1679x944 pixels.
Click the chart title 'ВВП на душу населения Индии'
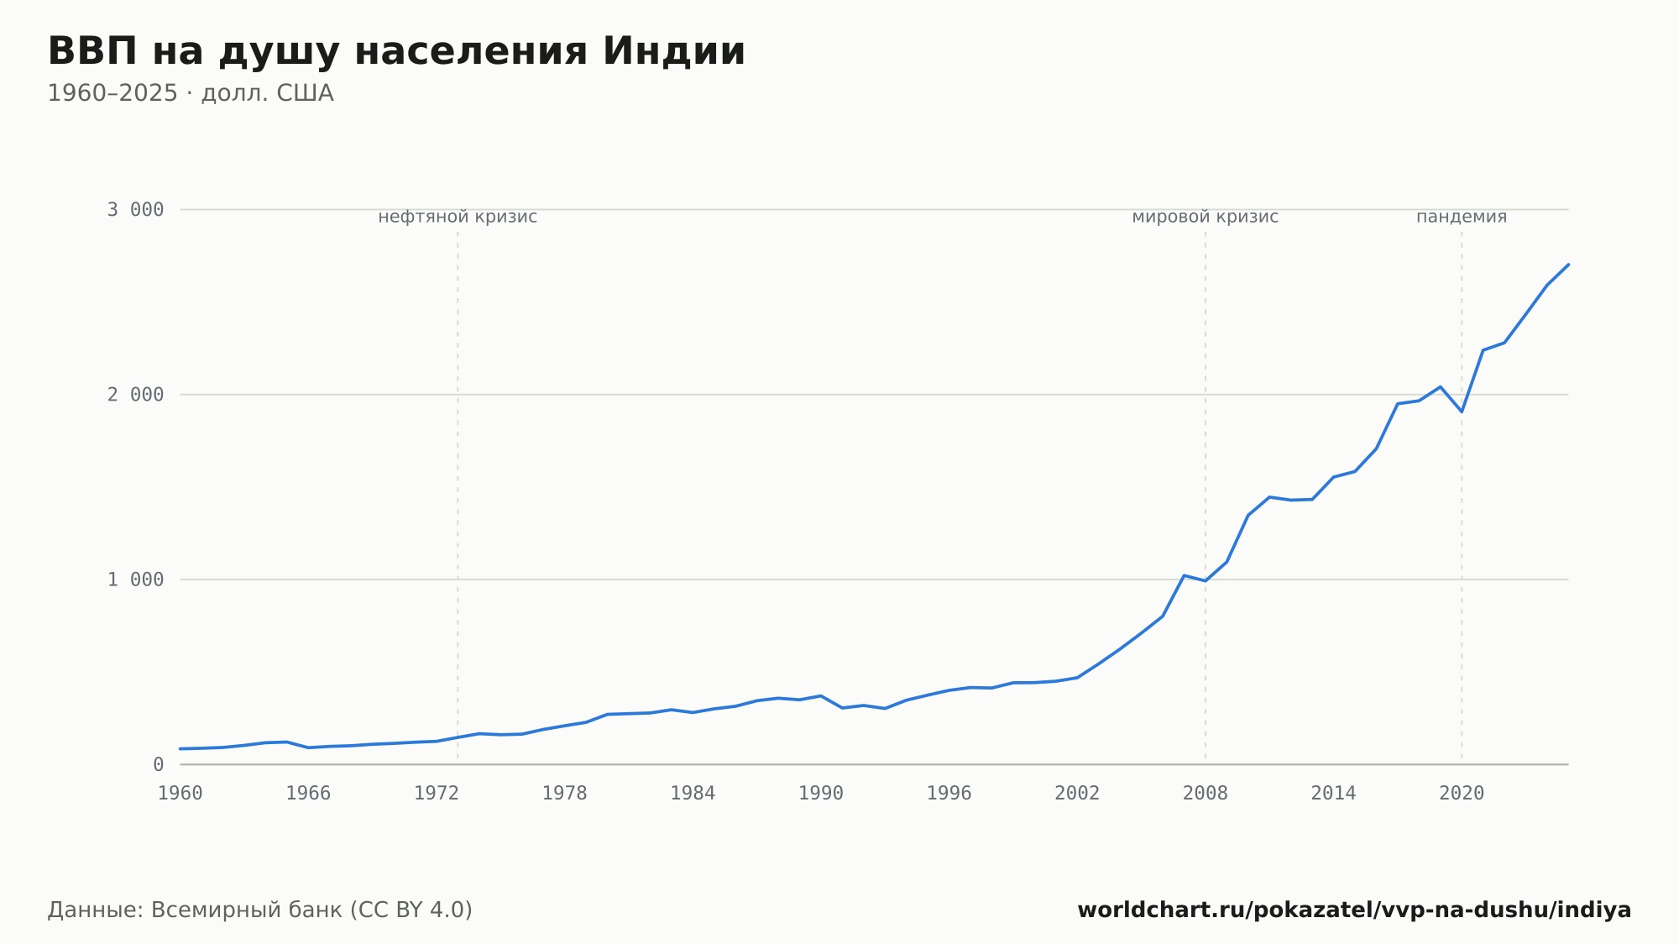coord(396,52)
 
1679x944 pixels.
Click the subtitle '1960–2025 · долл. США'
coord(191,93)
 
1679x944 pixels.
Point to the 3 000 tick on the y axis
coord(135,209)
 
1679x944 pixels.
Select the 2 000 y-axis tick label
coord(135,395)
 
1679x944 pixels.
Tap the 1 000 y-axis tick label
coord(135,580)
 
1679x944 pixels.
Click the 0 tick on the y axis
coord(158,764)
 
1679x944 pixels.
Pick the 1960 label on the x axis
coord(180,794)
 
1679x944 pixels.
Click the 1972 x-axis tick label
coord(437,794)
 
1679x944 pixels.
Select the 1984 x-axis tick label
coord(693,794)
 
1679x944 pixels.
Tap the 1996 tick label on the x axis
coord(949,794)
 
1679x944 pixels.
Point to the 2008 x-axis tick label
coord(1206,794)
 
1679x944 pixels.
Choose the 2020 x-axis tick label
coord(1462,794)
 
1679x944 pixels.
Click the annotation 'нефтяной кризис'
coord(458,217)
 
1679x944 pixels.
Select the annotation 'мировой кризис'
coord(1206,217)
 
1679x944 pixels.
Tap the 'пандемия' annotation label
coord(1462,217)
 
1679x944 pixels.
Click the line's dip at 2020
coord(1462,412)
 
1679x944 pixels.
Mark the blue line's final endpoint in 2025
coord(1568,265)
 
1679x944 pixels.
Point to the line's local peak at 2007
coord(1184,575)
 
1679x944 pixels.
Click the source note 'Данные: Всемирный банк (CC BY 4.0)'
coord(260,910)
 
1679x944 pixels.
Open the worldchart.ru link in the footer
coord(1354,910)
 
